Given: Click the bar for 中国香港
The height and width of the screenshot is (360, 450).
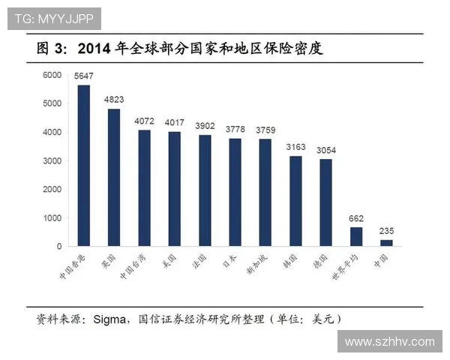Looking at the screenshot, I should click(84, 166).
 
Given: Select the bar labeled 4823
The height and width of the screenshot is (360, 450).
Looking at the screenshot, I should click(114, 178).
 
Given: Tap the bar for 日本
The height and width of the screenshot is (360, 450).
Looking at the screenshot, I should click(235, 192).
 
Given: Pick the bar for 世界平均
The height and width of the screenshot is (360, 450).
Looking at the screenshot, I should click(356, 237).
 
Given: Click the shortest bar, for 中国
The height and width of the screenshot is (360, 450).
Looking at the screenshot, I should click(386, 243).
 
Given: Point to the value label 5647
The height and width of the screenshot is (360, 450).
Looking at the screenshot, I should click(83, 76).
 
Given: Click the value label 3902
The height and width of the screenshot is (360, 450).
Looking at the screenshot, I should click(205, 127).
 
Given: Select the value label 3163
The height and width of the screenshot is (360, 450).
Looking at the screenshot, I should click(295, 148).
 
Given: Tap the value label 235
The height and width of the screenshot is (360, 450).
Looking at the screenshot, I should click(386, 232).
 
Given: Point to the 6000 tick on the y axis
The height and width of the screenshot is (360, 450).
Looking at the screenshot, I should click(51, 75).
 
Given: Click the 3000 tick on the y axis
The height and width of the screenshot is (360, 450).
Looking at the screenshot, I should click(51, 160).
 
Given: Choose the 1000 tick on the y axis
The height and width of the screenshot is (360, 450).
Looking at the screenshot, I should click(51, 217).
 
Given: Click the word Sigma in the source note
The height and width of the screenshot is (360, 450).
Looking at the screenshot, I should click(107, 319).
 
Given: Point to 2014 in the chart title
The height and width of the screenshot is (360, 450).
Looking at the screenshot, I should click(95, 49).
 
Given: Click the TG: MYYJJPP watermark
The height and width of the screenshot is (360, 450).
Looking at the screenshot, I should click(53, 17).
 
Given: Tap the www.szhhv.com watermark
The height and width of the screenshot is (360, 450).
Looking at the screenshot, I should click(389, 342).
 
